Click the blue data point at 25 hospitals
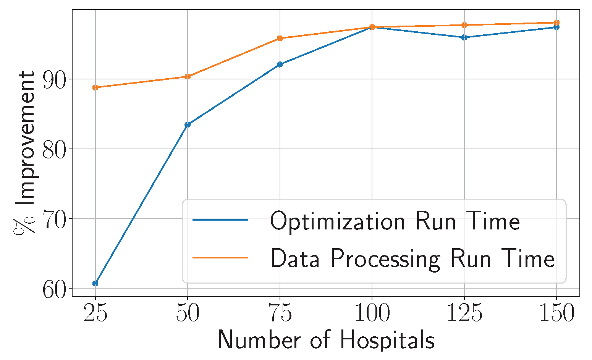point(95,283)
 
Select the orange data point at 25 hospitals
point(95,87)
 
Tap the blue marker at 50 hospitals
point(188,124)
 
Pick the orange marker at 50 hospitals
point(188,76)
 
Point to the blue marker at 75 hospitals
point(280,64)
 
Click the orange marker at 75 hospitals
point(280,38)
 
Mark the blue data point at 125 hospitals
point(464,37)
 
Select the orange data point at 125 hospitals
point(464,25)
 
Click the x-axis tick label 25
point(95,314)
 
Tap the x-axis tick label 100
point(372,314)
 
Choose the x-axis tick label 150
point(556,314)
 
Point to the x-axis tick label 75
point(280,314)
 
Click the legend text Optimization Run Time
point(395,221)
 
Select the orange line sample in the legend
point(220,258)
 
